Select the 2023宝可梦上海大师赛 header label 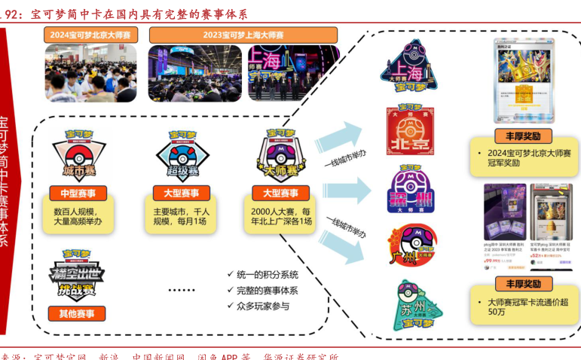coord(244,35)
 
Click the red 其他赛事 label coord(77,313)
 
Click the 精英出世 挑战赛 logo coord(77,273)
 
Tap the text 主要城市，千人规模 coord(182,211)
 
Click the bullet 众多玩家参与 coord(262,306)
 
